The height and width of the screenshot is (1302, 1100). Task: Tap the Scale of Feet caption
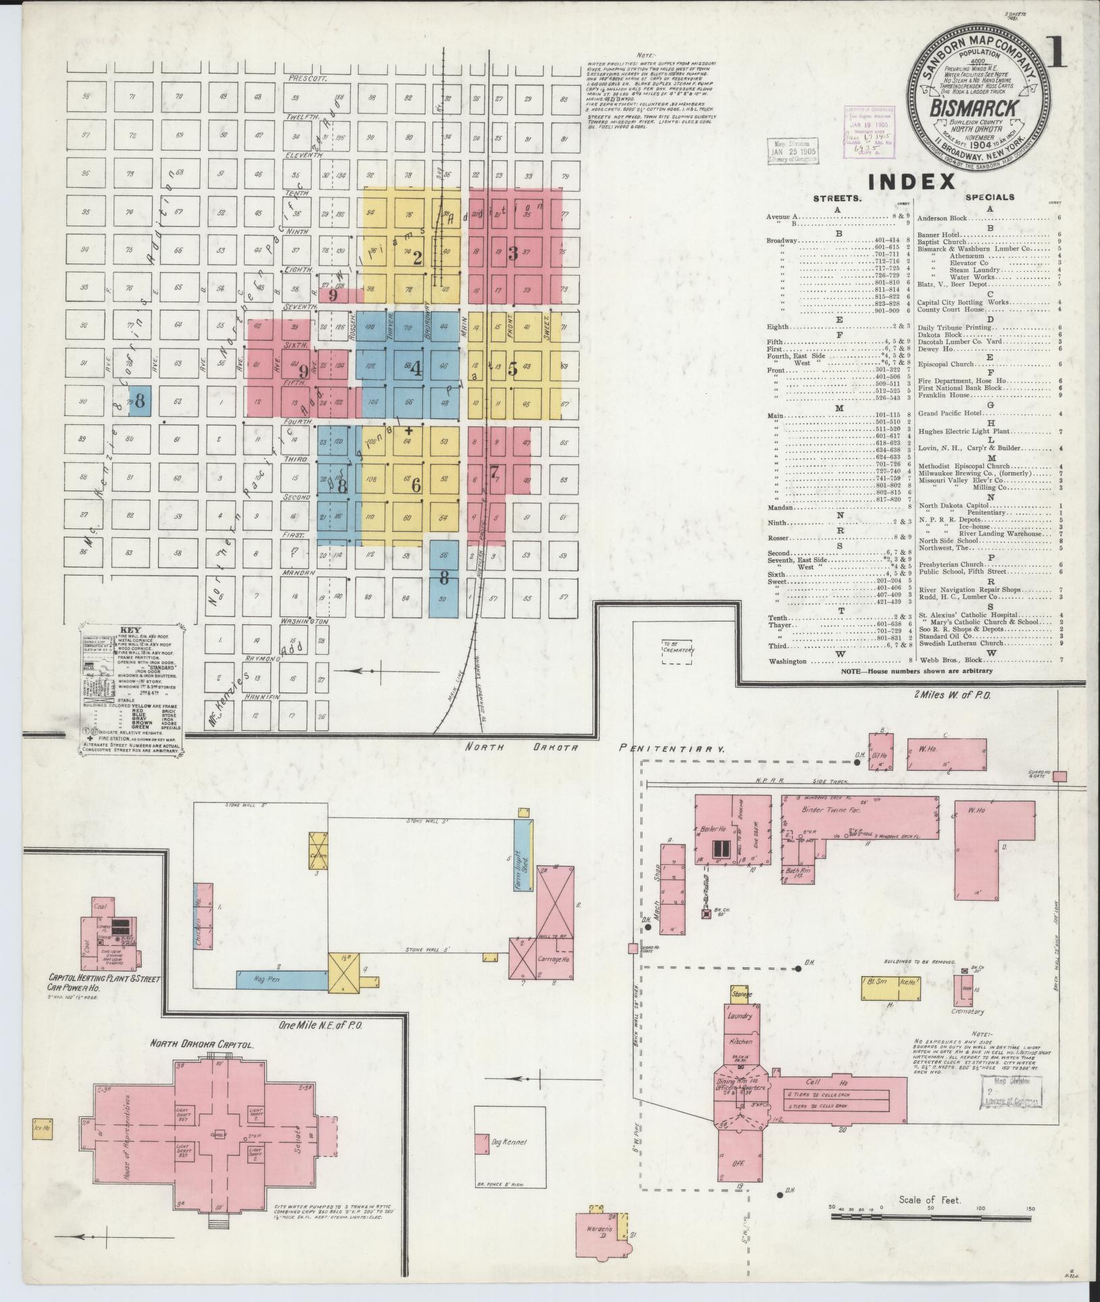click(x=930, y=1200)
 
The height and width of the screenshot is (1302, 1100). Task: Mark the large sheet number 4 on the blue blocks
click(x=416, y=369)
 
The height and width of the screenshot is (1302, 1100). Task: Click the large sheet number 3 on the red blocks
click(x=513, y=253)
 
